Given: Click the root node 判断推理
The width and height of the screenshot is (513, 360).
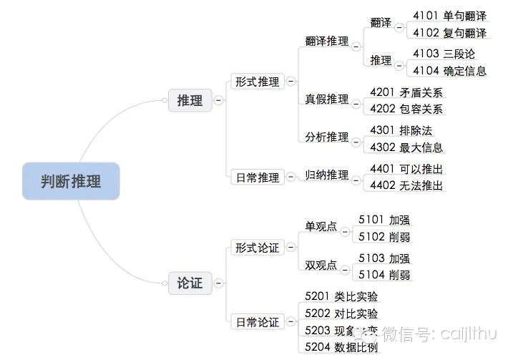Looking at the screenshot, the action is point(70,182).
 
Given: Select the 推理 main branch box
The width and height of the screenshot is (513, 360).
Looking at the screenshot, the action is point(190,100).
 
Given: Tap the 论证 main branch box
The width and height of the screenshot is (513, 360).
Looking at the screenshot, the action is point(190,283).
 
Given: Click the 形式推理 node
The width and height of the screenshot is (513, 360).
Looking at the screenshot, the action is point(257,82).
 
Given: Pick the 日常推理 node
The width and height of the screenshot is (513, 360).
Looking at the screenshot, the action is point(257,177).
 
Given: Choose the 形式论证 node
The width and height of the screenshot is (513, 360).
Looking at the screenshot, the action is point(257,248).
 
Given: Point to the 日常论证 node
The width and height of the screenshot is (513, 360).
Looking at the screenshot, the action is point(257,322).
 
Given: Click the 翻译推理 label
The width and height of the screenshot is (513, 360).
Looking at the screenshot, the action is point(327,42).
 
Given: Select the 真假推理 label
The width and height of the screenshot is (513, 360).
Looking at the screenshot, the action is point(327,99).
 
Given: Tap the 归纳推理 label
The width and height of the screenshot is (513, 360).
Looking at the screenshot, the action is point(327,175).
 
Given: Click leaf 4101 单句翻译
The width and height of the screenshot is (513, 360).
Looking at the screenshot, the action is point(449,15).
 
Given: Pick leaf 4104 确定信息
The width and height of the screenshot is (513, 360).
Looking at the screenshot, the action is point(449,70).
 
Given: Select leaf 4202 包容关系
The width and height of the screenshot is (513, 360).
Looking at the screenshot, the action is point(406,110).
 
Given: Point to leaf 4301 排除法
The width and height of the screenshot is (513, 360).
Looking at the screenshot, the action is point(401,130).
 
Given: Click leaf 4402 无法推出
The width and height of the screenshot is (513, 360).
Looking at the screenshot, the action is point(406,185).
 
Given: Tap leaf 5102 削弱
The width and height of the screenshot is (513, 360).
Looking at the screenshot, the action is point(384,236).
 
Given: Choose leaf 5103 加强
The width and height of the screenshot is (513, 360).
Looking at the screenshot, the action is point(384,258).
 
